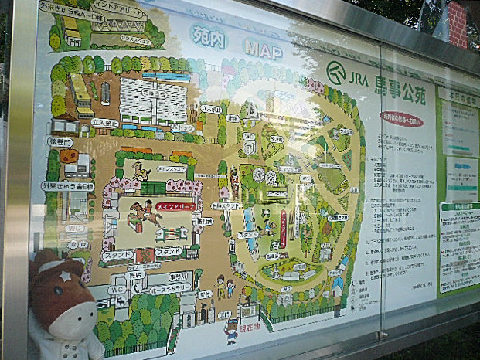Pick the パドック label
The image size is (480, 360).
tap(183, 128)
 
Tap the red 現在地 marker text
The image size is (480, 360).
tap(249, 324)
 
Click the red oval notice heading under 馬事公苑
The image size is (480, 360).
tap(401, 120)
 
